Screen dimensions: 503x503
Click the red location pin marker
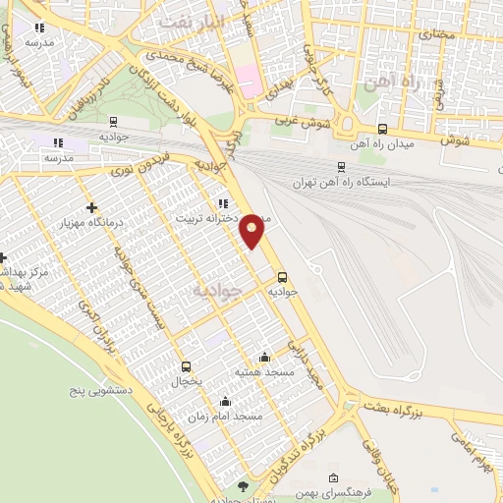[253, 230]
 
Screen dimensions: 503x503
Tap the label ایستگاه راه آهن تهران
[341, 183]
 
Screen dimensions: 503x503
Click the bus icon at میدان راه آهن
[382, 129]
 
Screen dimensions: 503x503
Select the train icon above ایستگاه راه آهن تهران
[340, 167]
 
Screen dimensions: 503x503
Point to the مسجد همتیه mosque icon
[263, 357]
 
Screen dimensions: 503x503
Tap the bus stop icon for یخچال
[187, 366]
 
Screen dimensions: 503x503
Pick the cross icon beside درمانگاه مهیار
[91, 207]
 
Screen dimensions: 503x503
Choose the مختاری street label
[439, 34]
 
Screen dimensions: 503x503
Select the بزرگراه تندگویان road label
[314, 431]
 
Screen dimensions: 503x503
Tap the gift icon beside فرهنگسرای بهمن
[332, 478]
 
